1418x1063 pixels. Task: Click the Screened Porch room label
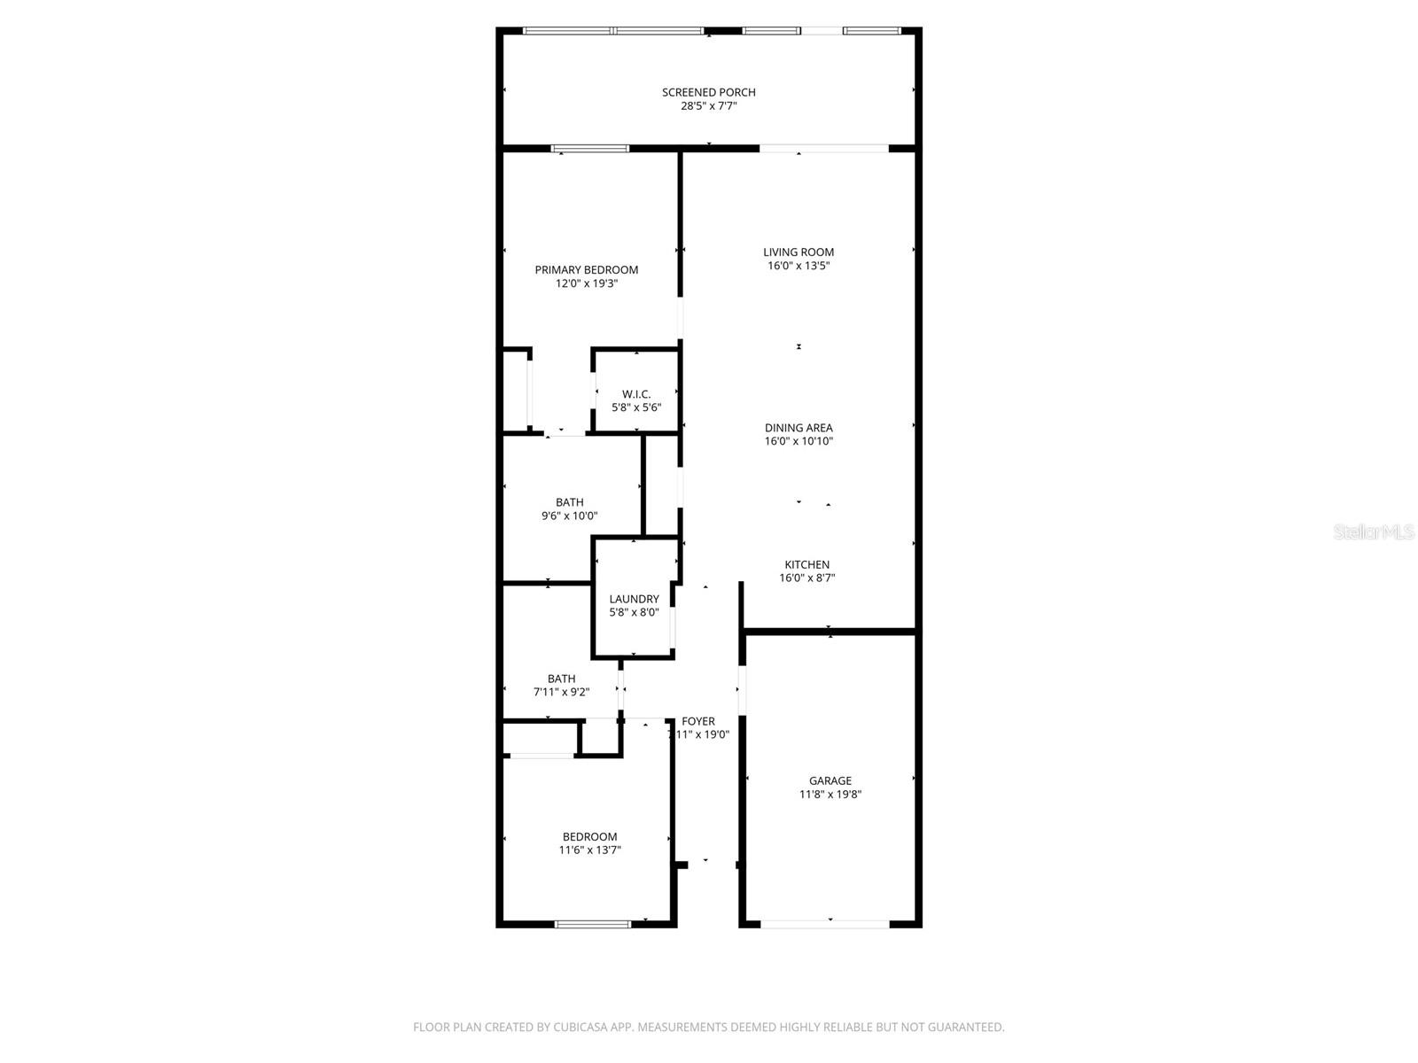tap(708, 92)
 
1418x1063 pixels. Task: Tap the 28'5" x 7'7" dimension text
tap(708, 106)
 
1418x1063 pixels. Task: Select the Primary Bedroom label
tap(586, 270)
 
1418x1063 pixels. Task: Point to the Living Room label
tap(799, 252)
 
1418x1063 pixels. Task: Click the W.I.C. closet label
tap(635, 394)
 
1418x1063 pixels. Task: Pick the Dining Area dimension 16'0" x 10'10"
tap(799, 441)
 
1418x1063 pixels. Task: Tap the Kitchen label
tap(806, 565)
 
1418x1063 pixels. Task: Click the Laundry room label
tap(634, 599)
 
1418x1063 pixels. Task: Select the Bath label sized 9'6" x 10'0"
tap(570, 502)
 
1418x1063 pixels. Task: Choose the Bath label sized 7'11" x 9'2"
tap(561, 679)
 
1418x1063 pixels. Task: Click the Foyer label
tap(698, 721)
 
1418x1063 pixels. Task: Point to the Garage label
tap(830, 780)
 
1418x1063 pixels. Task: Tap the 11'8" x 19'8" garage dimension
tap(830, 795)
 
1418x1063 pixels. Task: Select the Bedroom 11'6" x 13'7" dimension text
tap(589, 850)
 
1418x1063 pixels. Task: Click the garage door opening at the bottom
tap(825, 924)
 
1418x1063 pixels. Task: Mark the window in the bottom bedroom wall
tap(592, 924)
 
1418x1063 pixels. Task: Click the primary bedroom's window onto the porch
tap(589, 149)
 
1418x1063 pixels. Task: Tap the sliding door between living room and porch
tap(823, 149)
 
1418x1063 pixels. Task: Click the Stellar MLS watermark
tap(1375, 532)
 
